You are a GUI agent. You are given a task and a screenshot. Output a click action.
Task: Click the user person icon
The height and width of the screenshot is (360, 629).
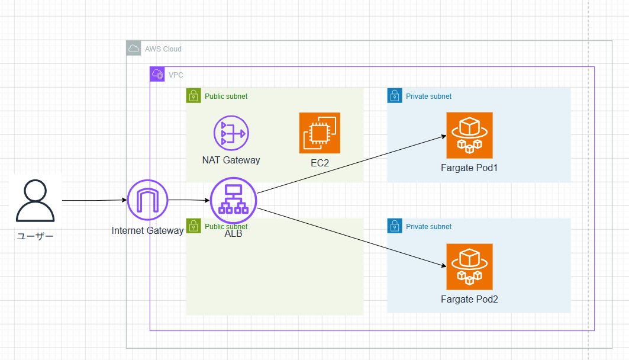pos(36,200)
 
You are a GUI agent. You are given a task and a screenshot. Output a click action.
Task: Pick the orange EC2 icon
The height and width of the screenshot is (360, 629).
pos(320,133)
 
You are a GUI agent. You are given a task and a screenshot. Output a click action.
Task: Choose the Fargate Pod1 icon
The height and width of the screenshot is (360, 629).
pos(469,135)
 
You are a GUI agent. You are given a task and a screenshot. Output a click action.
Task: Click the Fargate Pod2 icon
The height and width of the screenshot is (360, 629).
pos(469,267)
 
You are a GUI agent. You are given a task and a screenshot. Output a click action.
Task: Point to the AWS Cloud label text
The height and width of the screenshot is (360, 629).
pos(163,49)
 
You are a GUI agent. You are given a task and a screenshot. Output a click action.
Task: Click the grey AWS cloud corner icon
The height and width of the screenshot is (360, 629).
pos(134,48)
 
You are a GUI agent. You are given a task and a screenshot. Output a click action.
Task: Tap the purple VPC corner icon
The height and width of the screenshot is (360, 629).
pos(157,74)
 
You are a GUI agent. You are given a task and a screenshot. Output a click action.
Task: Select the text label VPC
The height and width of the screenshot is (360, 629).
pos(176,75)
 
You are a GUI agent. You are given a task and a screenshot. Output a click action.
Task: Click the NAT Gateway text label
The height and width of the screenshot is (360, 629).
pos(231,160)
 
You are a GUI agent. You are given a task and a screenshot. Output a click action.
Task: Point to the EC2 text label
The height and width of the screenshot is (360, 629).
pos(320,163)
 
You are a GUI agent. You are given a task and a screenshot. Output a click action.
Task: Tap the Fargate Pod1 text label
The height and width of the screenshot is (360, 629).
pos(469,168)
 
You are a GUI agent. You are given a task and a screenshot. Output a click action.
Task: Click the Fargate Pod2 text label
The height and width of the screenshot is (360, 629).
pos(469,300)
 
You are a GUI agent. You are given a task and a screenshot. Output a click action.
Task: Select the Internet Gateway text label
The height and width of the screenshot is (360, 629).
pos(147,231)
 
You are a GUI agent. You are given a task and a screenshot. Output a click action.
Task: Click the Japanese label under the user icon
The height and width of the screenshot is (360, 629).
pos(36,236)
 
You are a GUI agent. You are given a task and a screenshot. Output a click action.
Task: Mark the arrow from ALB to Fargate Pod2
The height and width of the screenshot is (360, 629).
pos(351,237)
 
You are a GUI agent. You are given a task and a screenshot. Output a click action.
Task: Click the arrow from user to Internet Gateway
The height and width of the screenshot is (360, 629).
pos(95,200)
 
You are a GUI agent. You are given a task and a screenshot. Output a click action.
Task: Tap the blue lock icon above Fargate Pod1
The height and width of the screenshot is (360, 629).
pos(395,96)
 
